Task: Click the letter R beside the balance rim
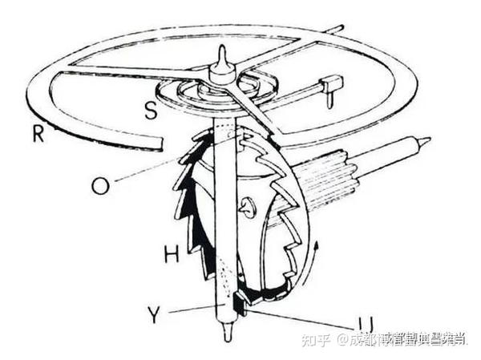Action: click(x=38, y=133)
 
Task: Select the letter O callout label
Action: click(x=99, y=185)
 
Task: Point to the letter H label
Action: click(x=171, y=254)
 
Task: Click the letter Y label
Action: click(x=154, y=313)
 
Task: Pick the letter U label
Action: click(x=366, y=324)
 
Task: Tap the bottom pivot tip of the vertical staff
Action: click(x=228, y=340)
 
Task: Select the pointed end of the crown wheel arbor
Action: click(x=425, y=142)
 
